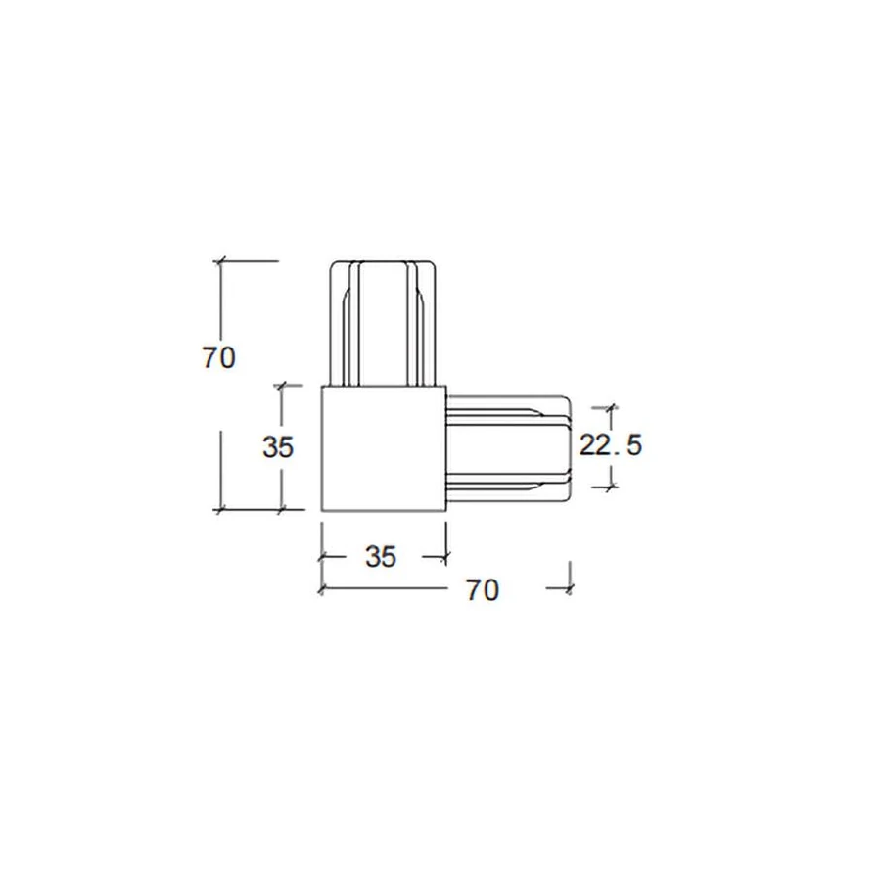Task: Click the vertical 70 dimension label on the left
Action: (218, 358)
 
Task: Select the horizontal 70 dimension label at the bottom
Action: (483, 590)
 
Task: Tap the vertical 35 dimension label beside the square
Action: (278, 447)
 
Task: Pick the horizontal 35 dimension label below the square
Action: (381, 557)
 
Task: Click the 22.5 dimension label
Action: (610, 445)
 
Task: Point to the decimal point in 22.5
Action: (618, 454)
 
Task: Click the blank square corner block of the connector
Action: (384, 448)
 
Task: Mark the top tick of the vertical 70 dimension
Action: (220, 261)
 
